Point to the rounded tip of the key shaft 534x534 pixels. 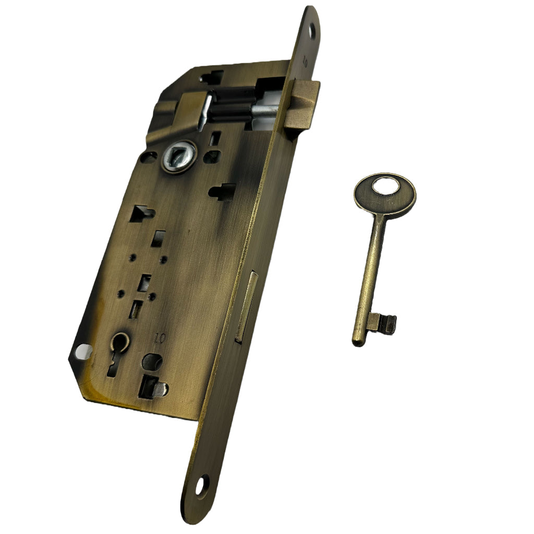[x=358, y=341]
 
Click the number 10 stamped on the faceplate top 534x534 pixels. [x=305, y=64]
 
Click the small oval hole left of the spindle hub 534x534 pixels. [x=150, y=156]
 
